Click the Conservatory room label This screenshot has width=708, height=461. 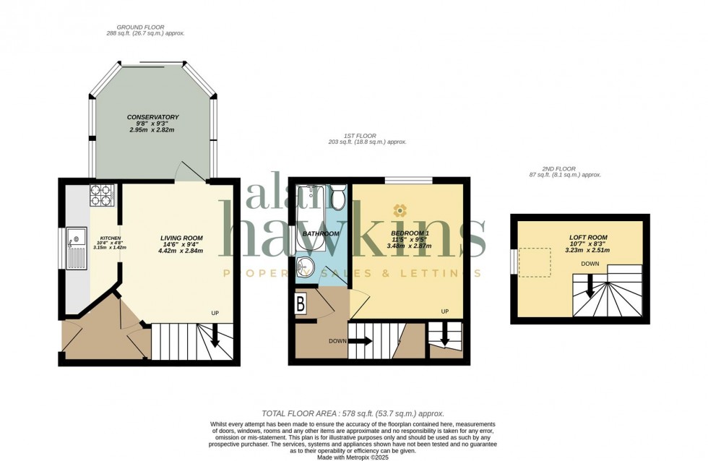coord(152,117)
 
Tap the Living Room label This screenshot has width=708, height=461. coord(181,238)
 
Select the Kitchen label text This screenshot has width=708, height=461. coord(110,238)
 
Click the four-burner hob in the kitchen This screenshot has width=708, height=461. coord(100,195)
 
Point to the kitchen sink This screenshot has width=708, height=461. coord(74,238)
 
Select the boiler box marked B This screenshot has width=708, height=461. coord(301,303)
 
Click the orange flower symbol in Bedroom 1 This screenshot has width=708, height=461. coord(400,210)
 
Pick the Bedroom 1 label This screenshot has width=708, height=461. coord(410,233)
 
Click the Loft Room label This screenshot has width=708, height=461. coord(587,237)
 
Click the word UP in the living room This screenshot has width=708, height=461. coord(215,313)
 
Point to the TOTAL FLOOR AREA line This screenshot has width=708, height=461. coord(353,413)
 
